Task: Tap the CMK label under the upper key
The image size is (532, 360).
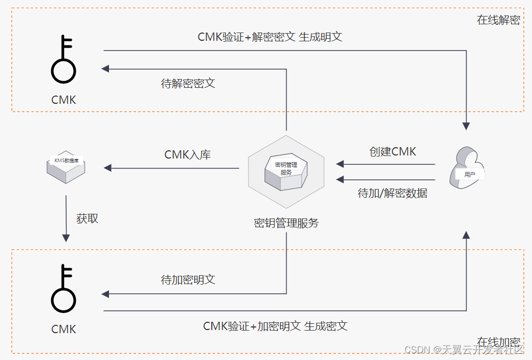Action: [x=64, y=100]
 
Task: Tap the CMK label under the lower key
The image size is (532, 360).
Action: [x=64, y=329]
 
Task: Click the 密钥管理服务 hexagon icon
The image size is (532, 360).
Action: [x=286, y=170]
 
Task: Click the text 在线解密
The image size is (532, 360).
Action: [x=498, y=21]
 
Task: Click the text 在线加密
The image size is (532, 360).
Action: [x=498, y=342]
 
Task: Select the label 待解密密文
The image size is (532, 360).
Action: [x=188, y=83]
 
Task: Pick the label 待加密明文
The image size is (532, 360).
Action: [x=188, y=280]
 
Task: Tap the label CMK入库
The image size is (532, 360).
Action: [x=187, y=154]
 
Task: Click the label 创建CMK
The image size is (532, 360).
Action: [x=393, y=151]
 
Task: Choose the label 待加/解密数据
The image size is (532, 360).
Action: [x=393, y=193]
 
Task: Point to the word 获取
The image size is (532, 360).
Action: [x=87, y=218]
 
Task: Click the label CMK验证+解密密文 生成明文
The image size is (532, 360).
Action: [x=270, y=37]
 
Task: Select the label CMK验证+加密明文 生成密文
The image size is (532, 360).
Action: [x=275, y=326]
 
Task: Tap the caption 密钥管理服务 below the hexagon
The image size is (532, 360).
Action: [x=286, y=223]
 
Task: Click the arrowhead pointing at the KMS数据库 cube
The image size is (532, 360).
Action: [x=107, y=168]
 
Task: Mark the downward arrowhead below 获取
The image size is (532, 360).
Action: [x=66, y=238]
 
